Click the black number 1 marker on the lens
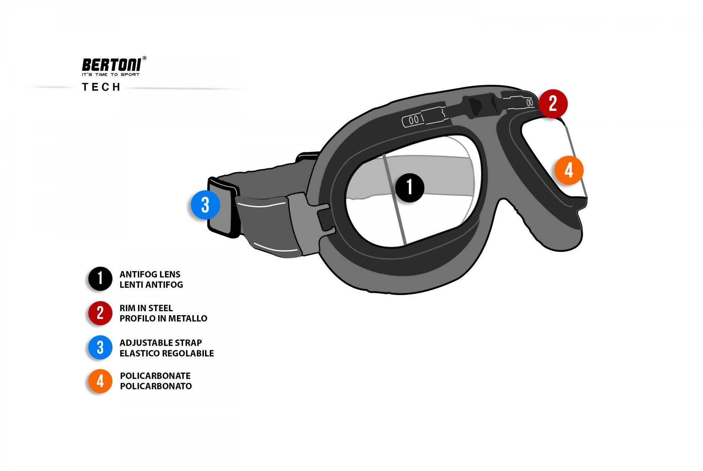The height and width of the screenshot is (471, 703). pyautogui.click(x=409, y=188)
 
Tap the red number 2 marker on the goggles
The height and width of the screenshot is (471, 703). pyautogui.click(x=553, y=103)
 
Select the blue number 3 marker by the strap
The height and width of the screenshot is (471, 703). pyautogui.click(x=205, y=205)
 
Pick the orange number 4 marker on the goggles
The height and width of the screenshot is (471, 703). pyautogui.click(x=569, y=170)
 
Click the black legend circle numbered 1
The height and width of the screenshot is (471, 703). pyautogui.click(x=100, y=279)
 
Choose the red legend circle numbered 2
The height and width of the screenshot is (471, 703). pyautogui.click(x=100, y=313)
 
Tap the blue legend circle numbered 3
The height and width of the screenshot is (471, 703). pyautogui.click(x=100, y=347)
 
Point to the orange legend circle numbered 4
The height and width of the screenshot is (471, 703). pyautogui.click(x=100, y=381)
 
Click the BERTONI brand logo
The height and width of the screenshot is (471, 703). pyautogui.click(x=111, y=65)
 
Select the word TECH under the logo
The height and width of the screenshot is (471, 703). pyautogui.click(x=101, y=87)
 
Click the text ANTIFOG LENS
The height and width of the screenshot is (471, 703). pyautogui.click(x=150, y=274)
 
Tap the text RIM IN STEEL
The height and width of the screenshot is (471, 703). pyautogui.click(x=146, y=308)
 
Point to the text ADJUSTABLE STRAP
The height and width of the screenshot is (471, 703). pyautogui.click(x=161, y=343)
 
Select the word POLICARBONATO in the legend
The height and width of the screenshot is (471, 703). pyautogui.click(x=156, y=386)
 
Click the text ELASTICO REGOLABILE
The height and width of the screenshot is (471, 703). pyautogui.click(x=166, y=353)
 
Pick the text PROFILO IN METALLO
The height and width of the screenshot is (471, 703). pyautogui.click(x=163, y=318)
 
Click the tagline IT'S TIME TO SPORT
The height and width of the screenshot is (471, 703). pyautogui.click(x=111, y=75)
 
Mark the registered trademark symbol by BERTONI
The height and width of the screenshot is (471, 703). pyautogui.click(x=145, y=58)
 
